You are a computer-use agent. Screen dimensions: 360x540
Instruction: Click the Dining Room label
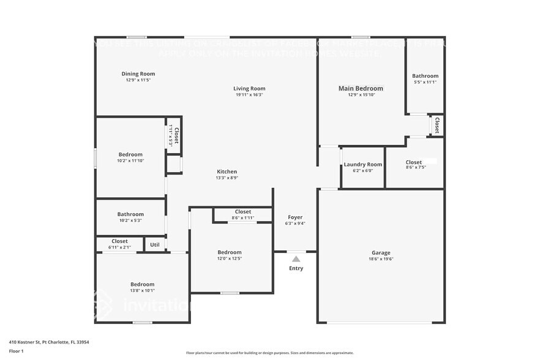(x=138, y=73)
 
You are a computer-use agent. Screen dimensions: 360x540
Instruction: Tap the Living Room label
(x=249, y=88)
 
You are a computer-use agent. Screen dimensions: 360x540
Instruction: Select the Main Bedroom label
(x=361, y=88)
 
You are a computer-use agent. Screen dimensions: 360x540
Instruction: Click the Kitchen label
(x=227, y=171)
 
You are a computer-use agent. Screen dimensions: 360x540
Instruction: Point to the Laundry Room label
(x=362, y=164)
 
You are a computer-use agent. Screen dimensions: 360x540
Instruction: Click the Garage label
(x=380, y=252)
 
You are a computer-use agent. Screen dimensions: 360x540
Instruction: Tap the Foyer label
(x=295, y=217)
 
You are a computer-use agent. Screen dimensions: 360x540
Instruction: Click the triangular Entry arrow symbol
(x=296, y=259)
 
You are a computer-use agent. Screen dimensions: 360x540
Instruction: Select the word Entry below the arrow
(x=296, y=268)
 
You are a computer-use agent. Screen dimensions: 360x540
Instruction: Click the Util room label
(x=154, y=244)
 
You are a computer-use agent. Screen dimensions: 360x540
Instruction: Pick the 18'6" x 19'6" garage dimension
(x=380, y=259)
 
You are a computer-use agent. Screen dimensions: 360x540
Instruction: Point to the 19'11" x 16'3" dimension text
(x=249, y=95)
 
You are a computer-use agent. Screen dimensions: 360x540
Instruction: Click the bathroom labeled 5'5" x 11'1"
(x=425, y=76)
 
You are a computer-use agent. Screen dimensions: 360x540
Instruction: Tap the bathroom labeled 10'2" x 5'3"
(x=130, y=214)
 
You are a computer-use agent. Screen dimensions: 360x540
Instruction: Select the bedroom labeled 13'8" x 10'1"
(x=142, y=284)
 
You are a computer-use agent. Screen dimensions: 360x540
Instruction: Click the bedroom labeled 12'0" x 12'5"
(x=230, y=252)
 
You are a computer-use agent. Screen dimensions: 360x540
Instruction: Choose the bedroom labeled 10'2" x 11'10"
(x=130, y=154)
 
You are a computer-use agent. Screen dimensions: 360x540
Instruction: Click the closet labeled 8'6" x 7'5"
(x=414, y=162)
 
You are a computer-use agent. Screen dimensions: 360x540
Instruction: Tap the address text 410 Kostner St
(x=37, y=342)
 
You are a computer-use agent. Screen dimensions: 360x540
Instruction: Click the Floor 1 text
(x=16, y=351)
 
